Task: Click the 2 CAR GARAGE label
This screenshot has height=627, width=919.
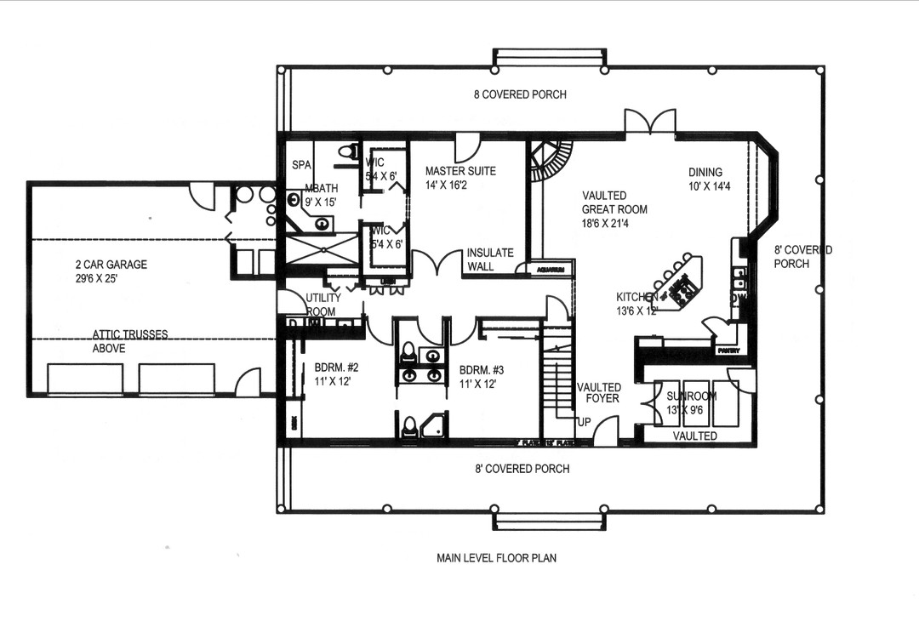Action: coord(111,265)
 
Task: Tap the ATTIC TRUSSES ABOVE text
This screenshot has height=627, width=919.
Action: coord(130,341)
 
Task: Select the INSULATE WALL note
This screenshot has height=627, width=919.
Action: coord(489,259)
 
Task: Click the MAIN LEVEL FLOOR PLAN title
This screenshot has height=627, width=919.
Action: coord(496,558)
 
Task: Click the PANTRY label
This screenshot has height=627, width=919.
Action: coord(728,351)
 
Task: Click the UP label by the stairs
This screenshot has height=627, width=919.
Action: coord(585,422)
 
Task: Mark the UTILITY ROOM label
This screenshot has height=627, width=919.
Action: coord(323,305)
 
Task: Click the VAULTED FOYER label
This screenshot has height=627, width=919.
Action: coord(599,393)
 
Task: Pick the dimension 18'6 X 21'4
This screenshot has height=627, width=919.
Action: coord(614,224)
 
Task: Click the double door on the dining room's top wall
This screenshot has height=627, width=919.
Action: coord(651,122)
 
